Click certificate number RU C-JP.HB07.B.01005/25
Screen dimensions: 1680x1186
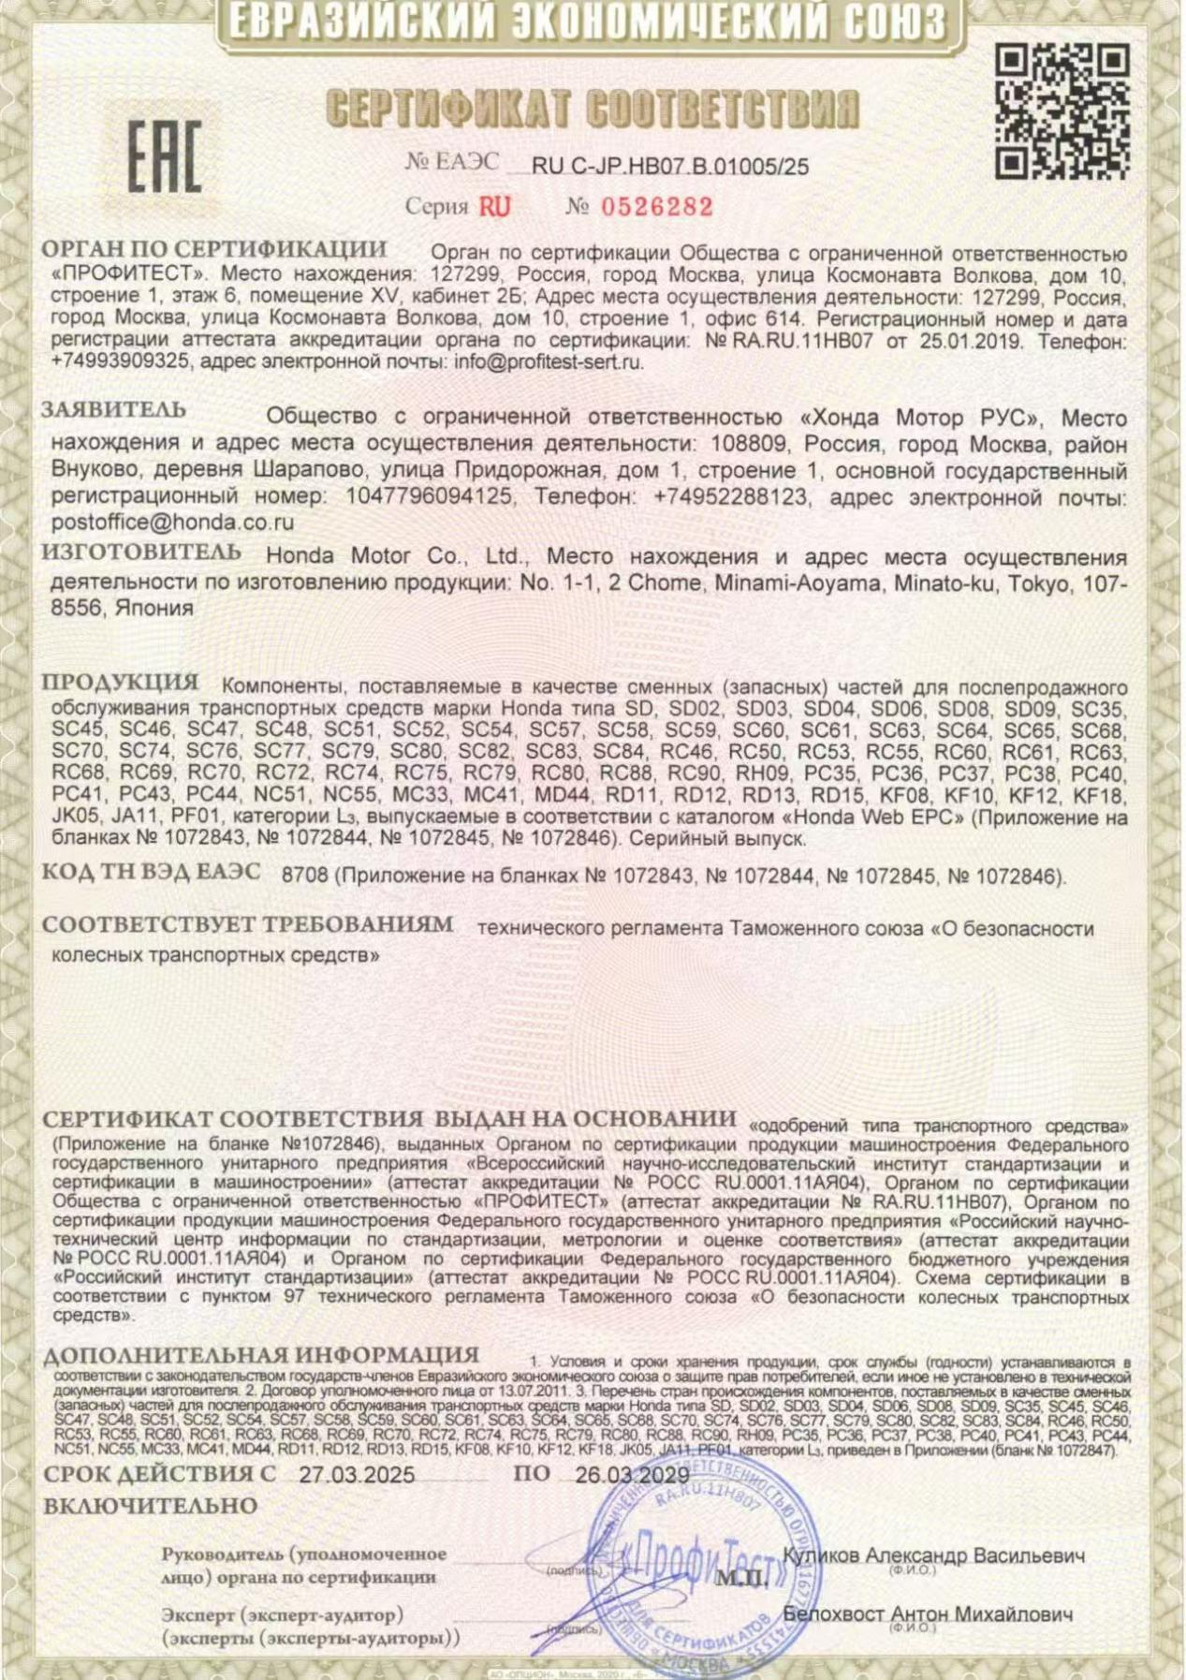coord(669,168)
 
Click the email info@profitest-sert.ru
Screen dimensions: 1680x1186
coord(549,362)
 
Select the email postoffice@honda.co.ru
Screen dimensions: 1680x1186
coord(173,523)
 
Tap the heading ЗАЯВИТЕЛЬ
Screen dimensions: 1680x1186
coord(113,410)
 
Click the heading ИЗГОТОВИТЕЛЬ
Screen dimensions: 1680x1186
coord(141,553)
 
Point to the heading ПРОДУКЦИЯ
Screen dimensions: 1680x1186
coord(121,683)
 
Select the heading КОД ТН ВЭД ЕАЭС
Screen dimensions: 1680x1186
coord(152,873)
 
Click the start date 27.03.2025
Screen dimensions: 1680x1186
coord(357,1475)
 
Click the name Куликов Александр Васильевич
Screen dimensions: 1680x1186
coord(933,1555)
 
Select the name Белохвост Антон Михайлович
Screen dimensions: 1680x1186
coord(928,1614)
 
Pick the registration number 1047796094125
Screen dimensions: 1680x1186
coord(429,496)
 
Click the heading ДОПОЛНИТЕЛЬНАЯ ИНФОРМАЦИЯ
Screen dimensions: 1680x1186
coord(261,1356)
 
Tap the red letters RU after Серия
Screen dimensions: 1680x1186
coord(495,207)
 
